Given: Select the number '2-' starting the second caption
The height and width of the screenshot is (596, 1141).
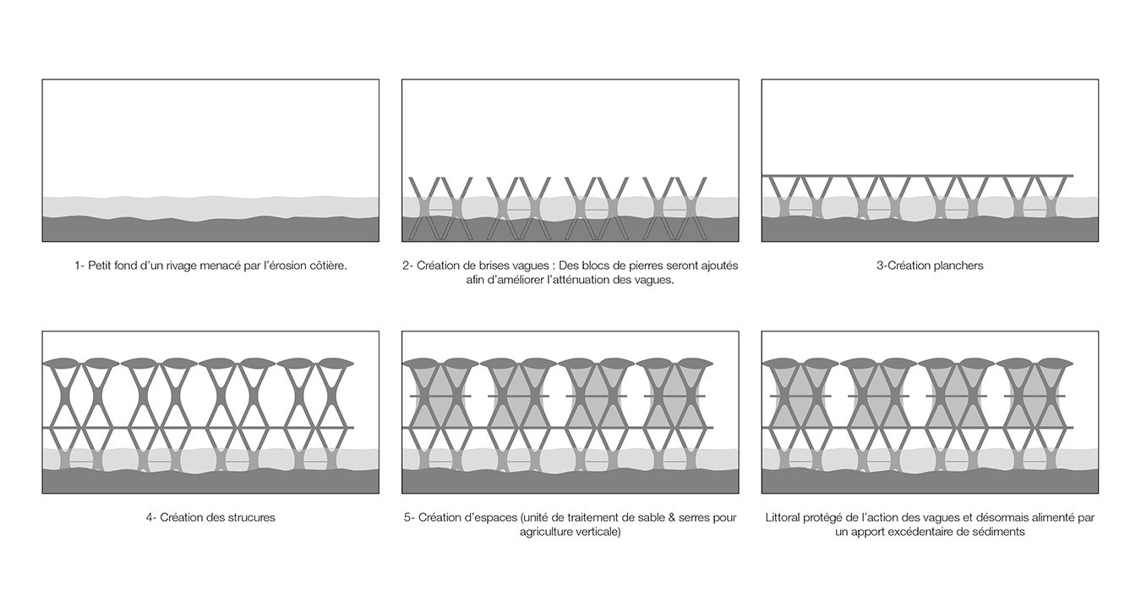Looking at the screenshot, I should (407, 265).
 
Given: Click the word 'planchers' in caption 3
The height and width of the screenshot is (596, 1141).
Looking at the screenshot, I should (958, 265).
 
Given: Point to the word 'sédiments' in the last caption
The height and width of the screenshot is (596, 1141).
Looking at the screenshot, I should (998, 532).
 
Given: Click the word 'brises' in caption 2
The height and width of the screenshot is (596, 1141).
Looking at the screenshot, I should (494, 265).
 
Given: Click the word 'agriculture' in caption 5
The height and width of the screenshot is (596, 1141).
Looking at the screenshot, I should (546, 532).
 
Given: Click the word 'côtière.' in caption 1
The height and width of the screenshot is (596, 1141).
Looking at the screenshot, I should (328, 265).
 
